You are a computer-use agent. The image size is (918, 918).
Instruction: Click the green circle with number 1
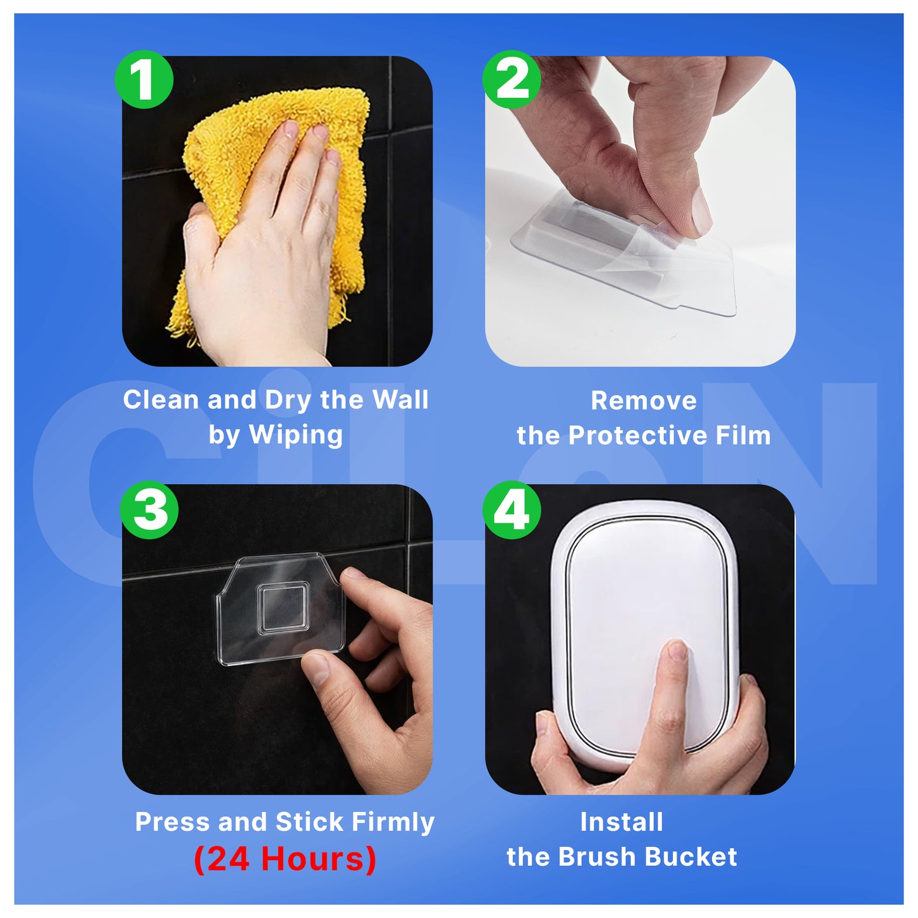click(144, 79)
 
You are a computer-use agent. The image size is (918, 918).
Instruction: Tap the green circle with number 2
click(511, 79)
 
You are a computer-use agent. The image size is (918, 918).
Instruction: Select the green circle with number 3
click(149, 510)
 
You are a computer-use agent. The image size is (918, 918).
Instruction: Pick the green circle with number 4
click(511, 510)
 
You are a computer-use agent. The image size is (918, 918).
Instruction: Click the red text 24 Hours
click(285, 859)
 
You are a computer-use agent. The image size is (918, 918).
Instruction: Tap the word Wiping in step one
click(295, 435)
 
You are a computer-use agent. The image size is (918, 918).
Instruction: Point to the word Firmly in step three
click(393, 822)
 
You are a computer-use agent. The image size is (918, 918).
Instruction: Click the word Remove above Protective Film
click(644, 401)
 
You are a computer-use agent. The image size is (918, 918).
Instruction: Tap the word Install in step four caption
click(621, 822)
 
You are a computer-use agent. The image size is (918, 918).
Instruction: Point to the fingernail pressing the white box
click(678, 650)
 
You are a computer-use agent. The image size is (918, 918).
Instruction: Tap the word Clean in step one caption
click(161, 400)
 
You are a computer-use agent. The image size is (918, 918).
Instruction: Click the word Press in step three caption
click(173, 822)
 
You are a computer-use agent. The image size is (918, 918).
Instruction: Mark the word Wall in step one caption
click(400, 400)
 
